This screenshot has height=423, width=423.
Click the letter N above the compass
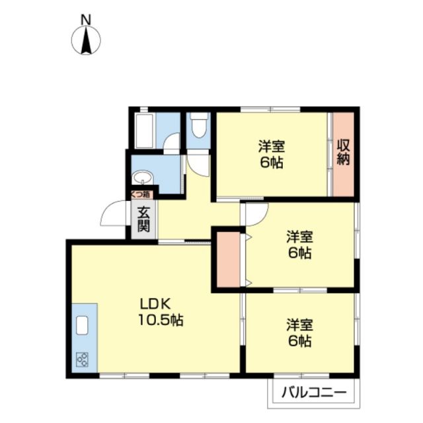click(x=86, y=20)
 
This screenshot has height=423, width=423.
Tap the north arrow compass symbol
click(x=86, y=41)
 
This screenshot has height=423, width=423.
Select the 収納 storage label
click(x=343, y=153)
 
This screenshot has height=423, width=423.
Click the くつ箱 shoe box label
click(x=141, y=194)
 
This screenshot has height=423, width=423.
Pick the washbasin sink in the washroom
click(x=142, y=177)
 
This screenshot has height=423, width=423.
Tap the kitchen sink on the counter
click(x=83, y=326)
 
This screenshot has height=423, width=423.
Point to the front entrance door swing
click(x=114, y=215)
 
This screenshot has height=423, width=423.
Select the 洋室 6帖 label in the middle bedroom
click(x=299, y=245)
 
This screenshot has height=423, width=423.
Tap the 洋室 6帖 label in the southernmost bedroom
click(x=299, y=334)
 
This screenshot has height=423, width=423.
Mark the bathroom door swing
click(x=171, y=142)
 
